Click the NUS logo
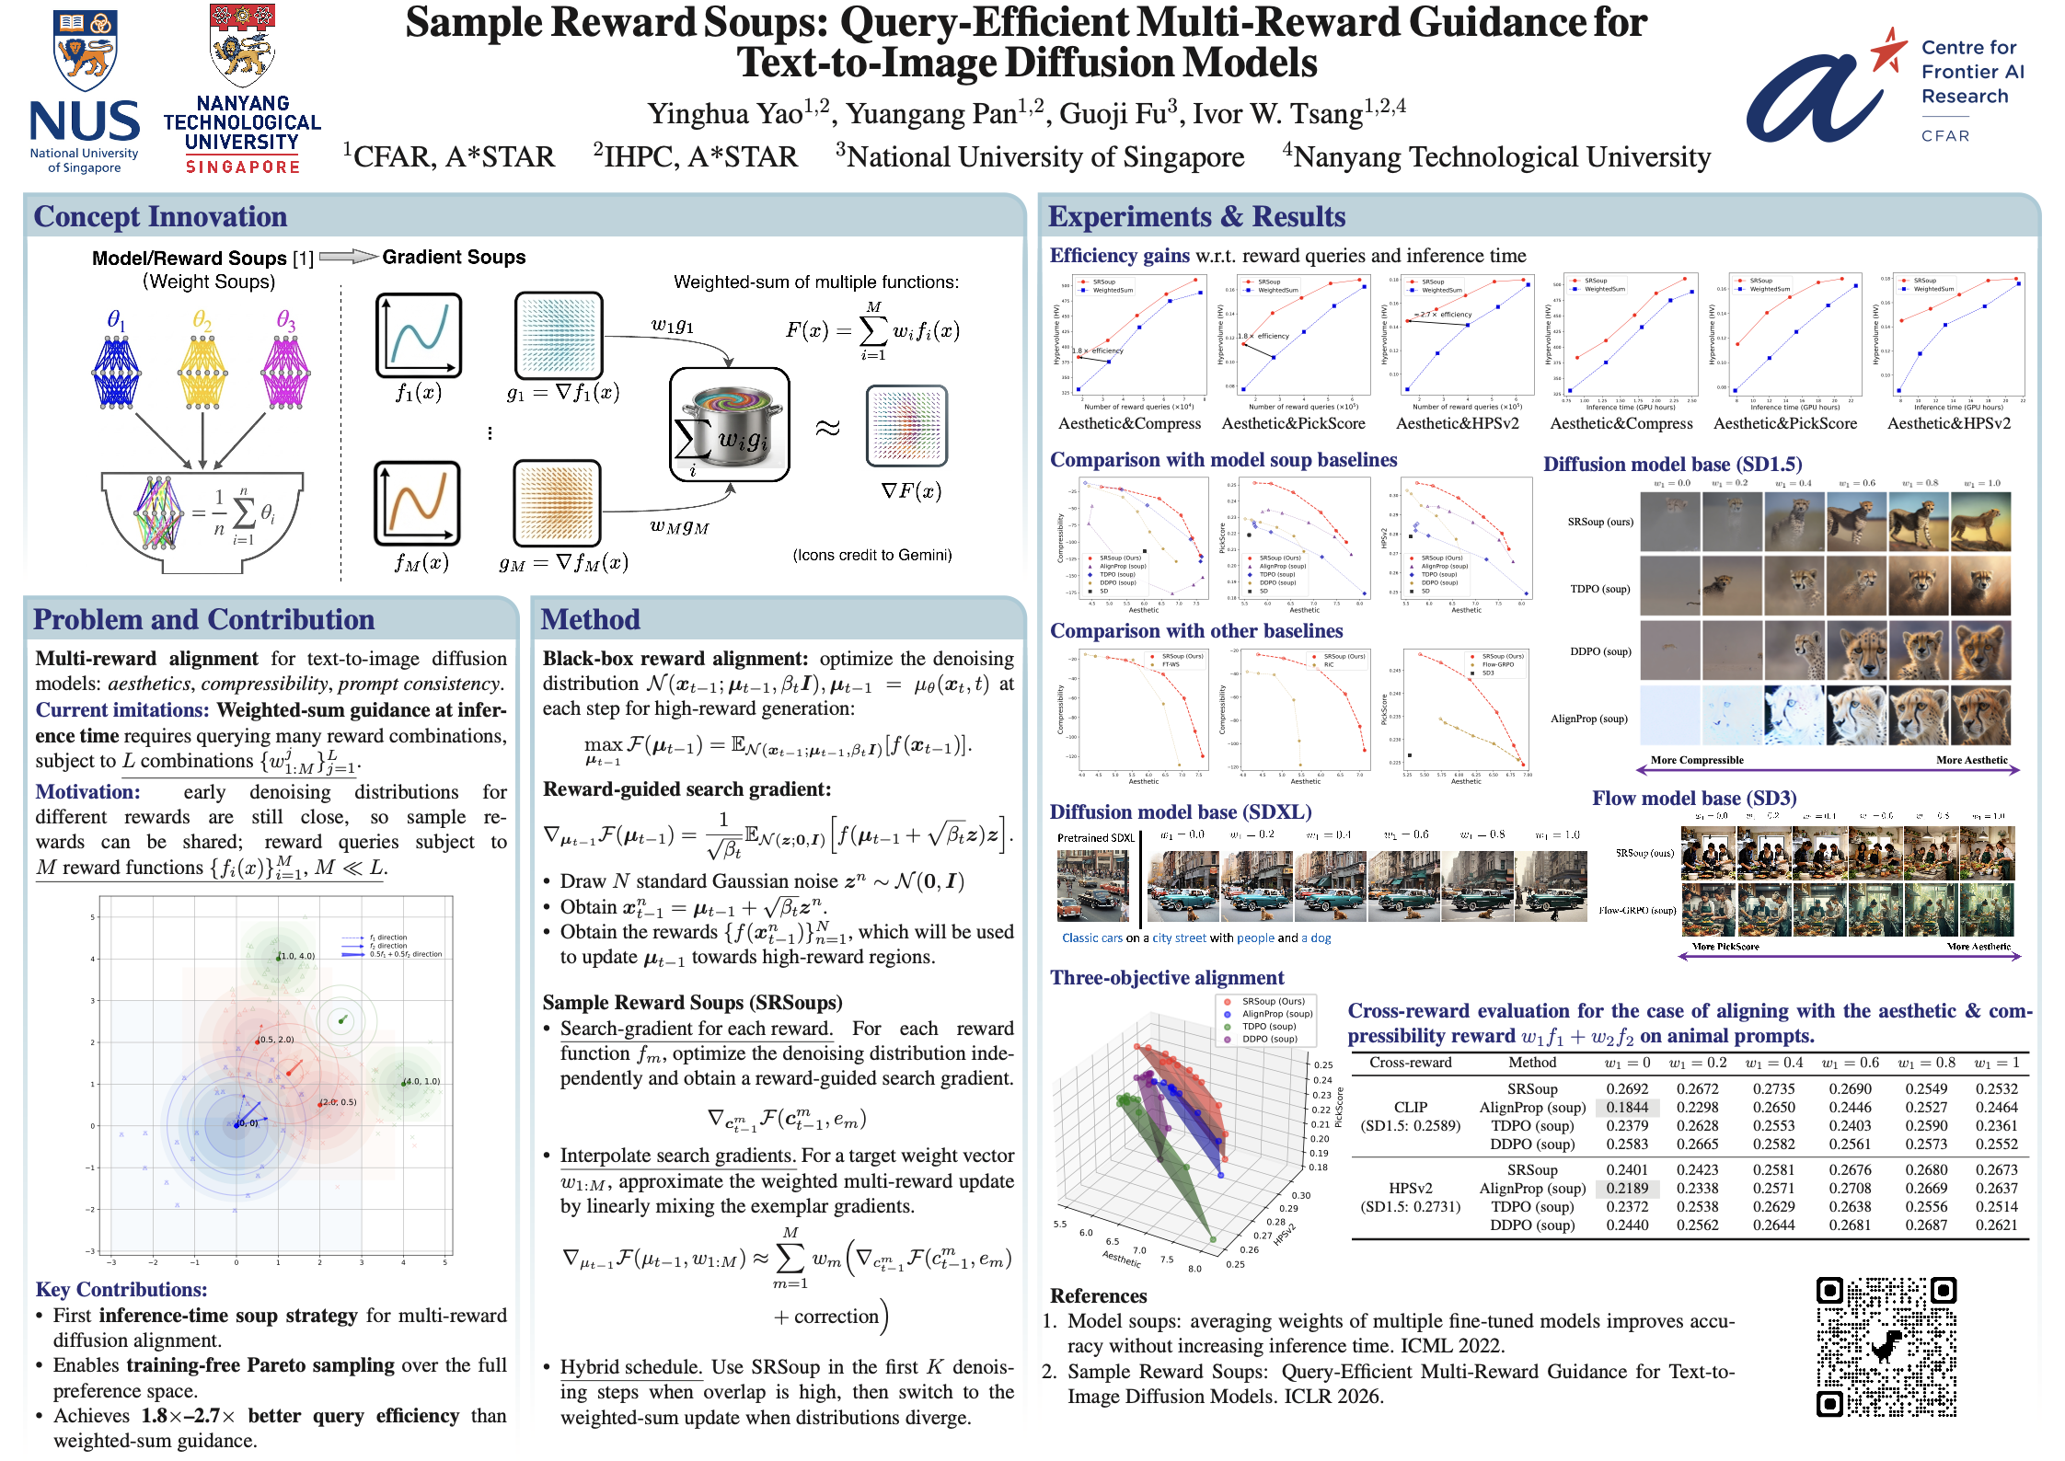pos(84,92)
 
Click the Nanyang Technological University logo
pos(242,90)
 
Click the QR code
pos(1886,1346)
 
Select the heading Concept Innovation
pos(160,216)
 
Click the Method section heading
pos(590,619)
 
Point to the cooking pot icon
pos(730,425)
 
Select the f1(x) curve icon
pos(419,336)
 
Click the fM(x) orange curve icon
pos(417,504)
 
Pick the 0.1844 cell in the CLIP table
pos(1627,1108)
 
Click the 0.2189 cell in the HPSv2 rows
pos(1627,1189)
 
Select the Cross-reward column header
pos(1410,1063)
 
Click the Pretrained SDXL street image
pos(1092,886)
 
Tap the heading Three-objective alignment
pos(1166,978)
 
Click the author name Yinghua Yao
pos(725,114)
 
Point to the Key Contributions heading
pos(121,1290)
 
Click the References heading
pos(1098,1296)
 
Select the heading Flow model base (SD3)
pos(1693,799)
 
